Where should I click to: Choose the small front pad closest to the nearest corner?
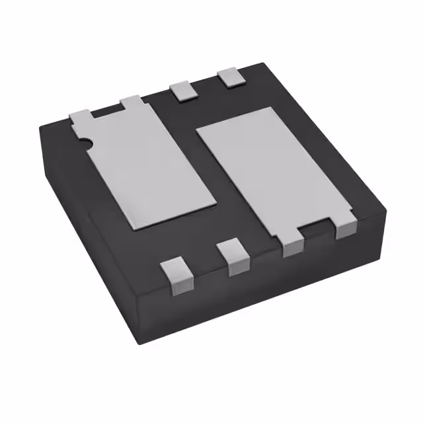click(174, 273)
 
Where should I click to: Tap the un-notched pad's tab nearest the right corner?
click(345, 227)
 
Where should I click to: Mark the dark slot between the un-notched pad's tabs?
click(317, 231)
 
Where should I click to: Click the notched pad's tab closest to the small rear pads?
click(131, 102)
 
